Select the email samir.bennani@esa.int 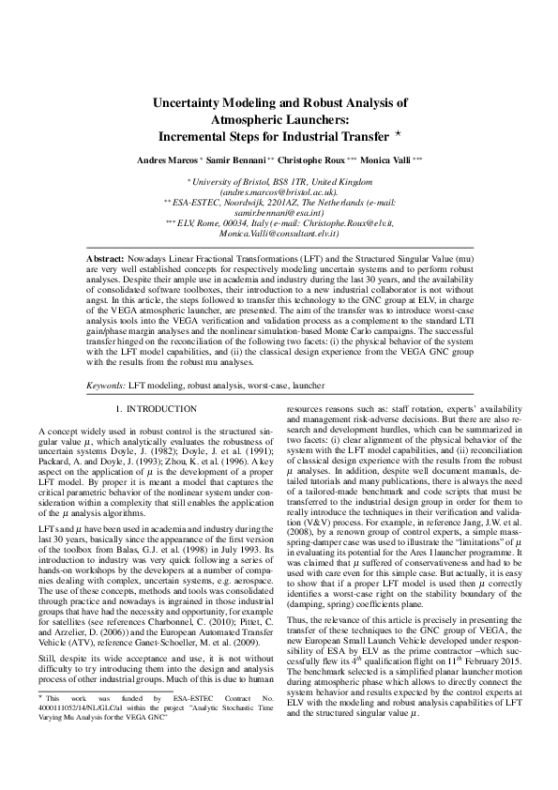tap(279, 213)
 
